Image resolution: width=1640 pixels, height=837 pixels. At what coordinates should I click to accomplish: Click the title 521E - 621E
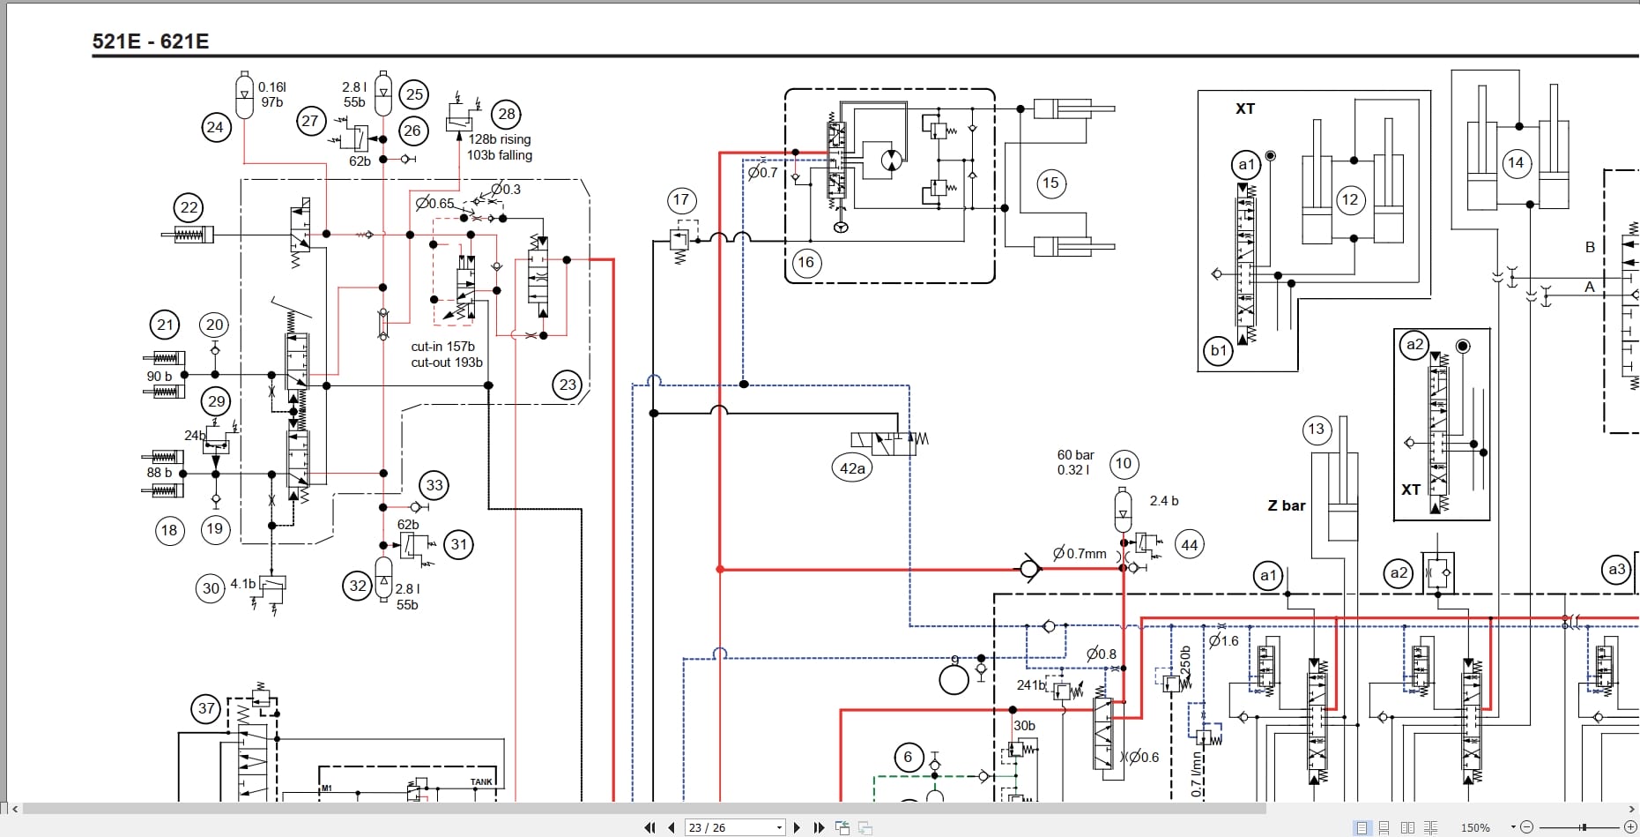click(150, 41)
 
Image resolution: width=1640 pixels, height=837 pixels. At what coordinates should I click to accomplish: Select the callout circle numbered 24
click(215, 127)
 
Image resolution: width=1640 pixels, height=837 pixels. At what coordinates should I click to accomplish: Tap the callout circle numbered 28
click(506, 114)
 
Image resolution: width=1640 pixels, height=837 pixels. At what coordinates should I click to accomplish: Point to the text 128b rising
click(500, 139)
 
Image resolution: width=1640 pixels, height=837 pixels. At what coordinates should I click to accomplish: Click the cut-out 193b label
click(447, 362)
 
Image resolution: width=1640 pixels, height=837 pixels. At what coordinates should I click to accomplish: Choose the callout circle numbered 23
click(568, 385)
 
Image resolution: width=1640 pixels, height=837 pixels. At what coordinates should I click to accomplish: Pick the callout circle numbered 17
click(680, 200)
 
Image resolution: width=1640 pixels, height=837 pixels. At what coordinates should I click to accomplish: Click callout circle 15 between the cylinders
click(1050, 183)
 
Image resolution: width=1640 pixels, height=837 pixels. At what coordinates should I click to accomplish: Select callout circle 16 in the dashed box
click(805, 262)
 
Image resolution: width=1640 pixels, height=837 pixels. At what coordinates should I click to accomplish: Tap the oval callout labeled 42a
click(852, 468)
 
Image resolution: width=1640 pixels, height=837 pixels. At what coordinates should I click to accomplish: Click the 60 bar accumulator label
click(1075, 455)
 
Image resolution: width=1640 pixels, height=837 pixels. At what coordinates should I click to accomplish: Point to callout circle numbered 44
click(1189, 545)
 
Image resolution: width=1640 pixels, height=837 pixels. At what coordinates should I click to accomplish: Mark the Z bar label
click(1287, 505)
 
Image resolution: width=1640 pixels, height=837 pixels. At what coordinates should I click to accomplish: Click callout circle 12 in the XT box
click(1349, 199)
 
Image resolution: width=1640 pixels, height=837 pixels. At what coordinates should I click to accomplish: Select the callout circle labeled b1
click(1218, 350)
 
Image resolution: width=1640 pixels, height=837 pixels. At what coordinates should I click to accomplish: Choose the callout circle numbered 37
click(206, 708)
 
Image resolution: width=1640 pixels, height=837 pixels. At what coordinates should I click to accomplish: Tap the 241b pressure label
click(1030, 684)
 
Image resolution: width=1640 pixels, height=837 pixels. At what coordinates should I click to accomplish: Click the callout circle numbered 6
click(908, 757)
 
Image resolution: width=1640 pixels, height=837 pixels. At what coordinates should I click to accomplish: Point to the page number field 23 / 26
click(731, 827)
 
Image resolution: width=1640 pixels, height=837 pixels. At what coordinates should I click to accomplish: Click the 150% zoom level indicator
click(1475, 827)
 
